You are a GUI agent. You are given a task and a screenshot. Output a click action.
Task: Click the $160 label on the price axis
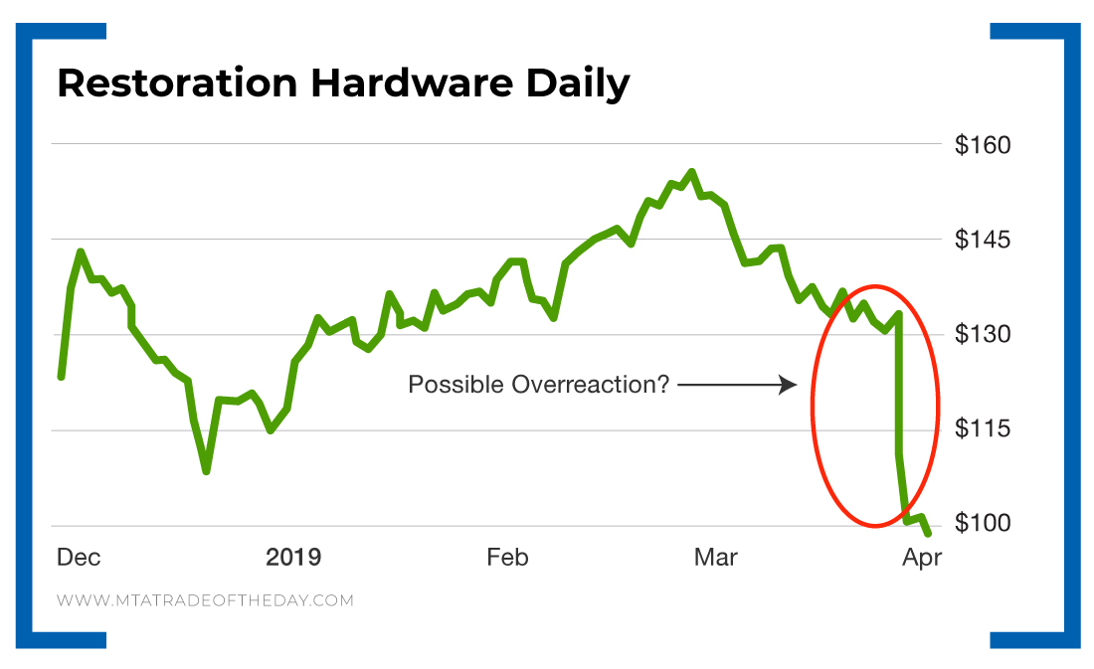(982, 145)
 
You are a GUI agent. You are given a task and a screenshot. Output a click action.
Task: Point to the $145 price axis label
(982, 241)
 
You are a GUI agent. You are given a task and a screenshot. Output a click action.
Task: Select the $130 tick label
(982, 335)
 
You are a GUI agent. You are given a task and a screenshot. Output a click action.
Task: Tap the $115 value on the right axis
(982, 429)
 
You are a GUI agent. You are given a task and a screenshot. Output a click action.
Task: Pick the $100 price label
(982, 524)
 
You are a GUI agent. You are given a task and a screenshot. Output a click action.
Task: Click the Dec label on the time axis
(78, 558)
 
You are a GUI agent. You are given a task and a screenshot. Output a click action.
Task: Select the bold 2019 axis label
(293, 558)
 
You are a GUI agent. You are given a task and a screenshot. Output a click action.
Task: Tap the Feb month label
(507, 558)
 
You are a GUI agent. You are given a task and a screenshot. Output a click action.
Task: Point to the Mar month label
(715, 558)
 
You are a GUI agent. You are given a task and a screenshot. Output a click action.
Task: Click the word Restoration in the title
(177, 84)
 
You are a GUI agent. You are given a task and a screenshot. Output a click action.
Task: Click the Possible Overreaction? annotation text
(539, 385)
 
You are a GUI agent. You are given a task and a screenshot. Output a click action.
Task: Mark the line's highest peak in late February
(692, 172)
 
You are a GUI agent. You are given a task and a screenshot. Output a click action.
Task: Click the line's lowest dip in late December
(206, 470)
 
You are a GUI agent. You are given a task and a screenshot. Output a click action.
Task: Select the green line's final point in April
(929, 534)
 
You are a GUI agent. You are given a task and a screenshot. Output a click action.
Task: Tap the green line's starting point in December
(62, 377)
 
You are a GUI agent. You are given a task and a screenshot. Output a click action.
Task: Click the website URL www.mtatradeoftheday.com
(205, 600)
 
